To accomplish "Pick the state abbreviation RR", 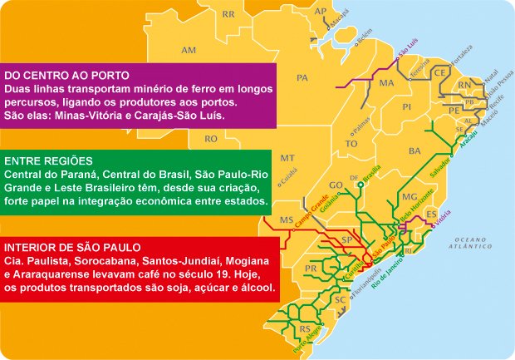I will point(228,14).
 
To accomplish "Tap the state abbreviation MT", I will point(287,157).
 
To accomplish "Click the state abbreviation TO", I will point(351,143).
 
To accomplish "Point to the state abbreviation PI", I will point(406,107).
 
